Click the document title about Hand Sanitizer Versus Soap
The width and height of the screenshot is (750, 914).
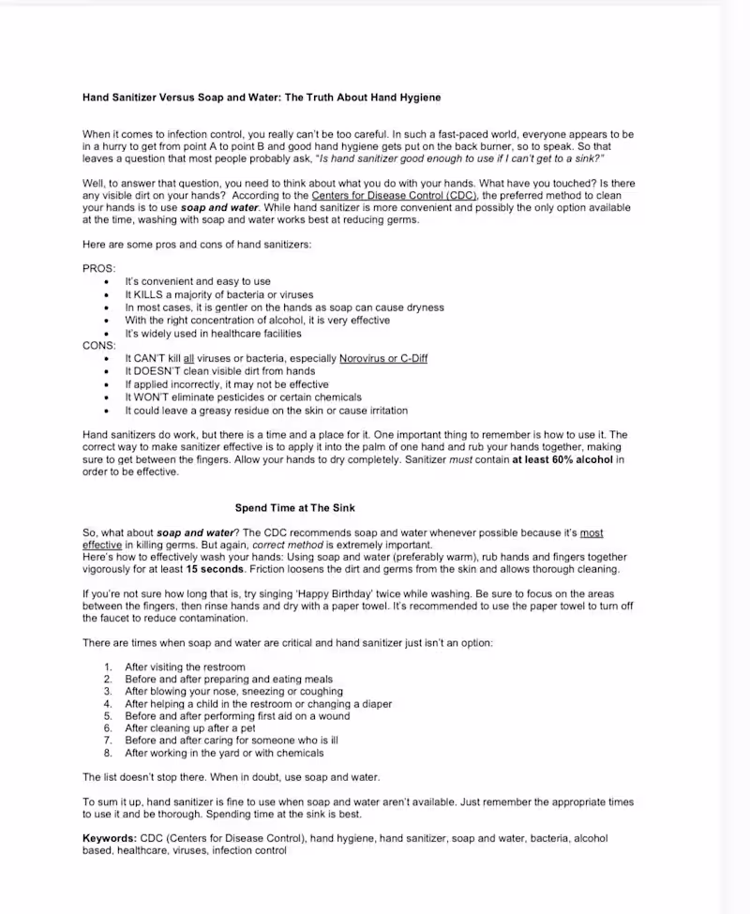point(262,97)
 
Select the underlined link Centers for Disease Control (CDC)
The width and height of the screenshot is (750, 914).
point(395,195)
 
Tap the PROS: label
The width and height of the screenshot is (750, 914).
point(99,268)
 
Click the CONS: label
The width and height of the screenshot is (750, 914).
point(99,346)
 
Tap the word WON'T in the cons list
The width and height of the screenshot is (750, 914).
point(152,397)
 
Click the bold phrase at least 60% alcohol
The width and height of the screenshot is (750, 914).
point(565,459)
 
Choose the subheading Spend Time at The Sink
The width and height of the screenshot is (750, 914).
point(294,508)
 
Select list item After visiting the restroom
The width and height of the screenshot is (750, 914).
point(185,667)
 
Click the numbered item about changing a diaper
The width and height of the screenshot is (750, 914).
point(258,704)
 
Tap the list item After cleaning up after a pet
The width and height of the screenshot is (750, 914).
point(189,728)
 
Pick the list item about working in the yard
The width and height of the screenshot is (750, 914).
point(224,753)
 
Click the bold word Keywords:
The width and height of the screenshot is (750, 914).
point(110,838)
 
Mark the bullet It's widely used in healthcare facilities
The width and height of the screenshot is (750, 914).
point(213,333)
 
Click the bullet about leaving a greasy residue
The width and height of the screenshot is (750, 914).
point(266,411)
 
